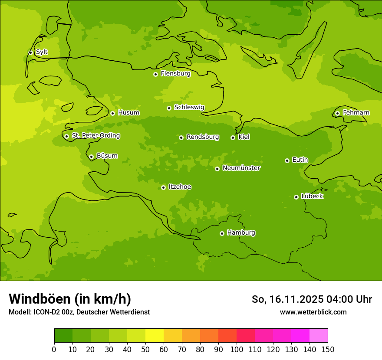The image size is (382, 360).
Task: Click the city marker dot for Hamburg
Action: coord(222,233)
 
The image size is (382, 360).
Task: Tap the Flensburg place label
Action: coord(175,74)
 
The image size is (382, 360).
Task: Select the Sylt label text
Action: coord(42,52)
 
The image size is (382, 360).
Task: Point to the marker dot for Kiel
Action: coord(233,137)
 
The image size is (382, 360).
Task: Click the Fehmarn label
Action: coord(356,113)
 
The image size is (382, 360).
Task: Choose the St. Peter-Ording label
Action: coord(95,136)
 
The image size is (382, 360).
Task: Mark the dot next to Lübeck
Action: coord(296,197)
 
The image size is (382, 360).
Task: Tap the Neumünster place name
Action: coord(241,168)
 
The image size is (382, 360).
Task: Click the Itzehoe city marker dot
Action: coord(163,187)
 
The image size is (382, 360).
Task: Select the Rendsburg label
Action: coord(203,137)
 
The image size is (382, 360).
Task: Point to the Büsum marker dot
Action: coord(91,157)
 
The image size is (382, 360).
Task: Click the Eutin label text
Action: coord(300,160)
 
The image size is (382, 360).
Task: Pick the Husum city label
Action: coord(128,113)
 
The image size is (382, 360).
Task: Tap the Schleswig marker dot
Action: coord(169,108)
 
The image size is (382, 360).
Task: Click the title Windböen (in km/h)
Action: coord(70,299)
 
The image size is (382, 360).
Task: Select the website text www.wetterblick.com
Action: coord(313,312)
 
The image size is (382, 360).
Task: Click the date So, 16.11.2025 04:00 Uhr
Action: coord(312,299)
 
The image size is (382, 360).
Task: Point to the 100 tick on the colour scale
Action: coord(237,349)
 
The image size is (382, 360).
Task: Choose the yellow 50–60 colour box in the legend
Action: coord(155,336)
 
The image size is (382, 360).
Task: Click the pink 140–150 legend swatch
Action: coord(319,336)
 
